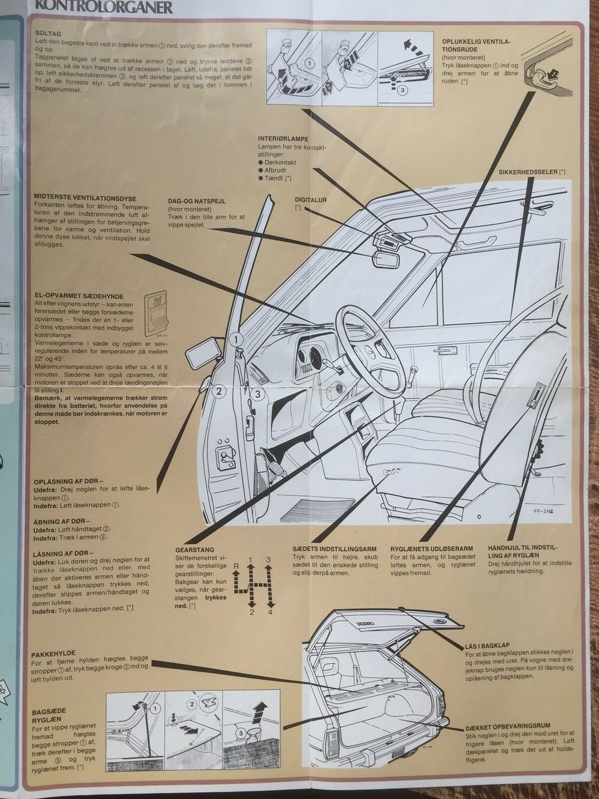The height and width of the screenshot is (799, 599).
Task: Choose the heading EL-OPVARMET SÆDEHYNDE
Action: pos(79,296)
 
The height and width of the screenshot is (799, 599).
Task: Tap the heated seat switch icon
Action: pos(157,310)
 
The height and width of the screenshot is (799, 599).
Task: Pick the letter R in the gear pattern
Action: pos(236,565)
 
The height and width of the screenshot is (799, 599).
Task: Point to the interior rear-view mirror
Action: pos(387,257)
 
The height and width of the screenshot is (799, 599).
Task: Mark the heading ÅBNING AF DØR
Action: pos(61,520)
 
